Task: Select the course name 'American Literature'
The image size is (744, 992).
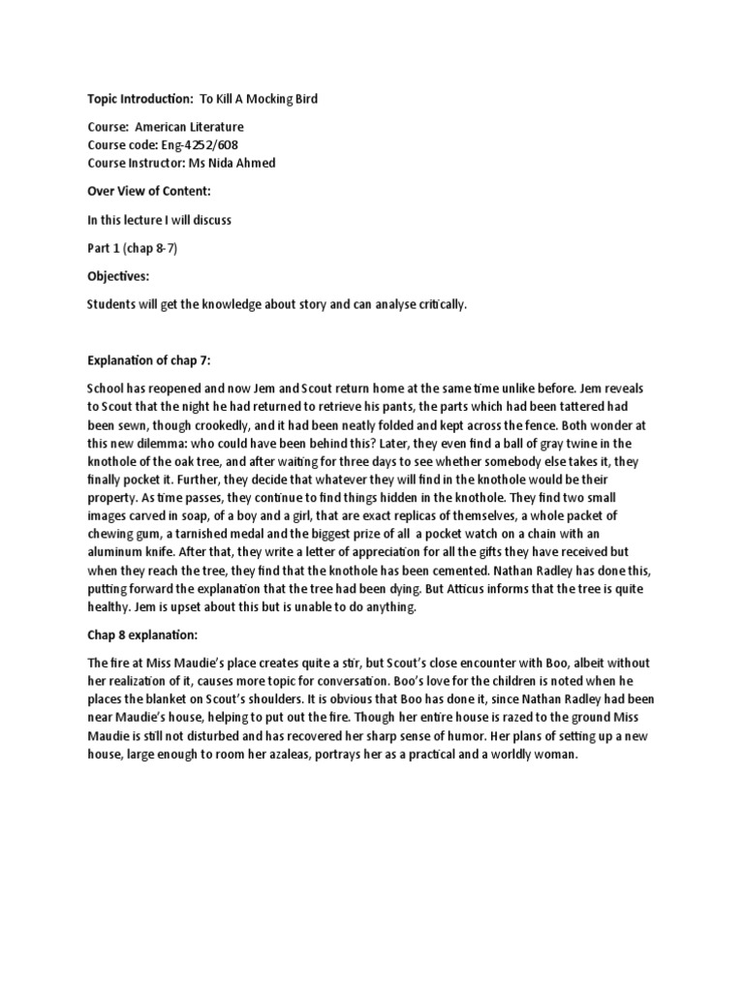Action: pyautogui.click(x=189, y=127)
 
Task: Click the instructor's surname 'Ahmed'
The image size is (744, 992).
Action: pyautogui.click(x=253, y=163)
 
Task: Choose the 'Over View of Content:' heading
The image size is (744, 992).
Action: pyautogui.click(x=145, y=192)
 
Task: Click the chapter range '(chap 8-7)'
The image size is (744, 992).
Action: pyautogui.click(x=150, y=248)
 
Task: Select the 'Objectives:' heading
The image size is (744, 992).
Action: pyautogui.click(x=118, y=276)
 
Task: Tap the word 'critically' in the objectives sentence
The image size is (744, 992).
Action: pyautogui.click(x=437, y=305)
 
